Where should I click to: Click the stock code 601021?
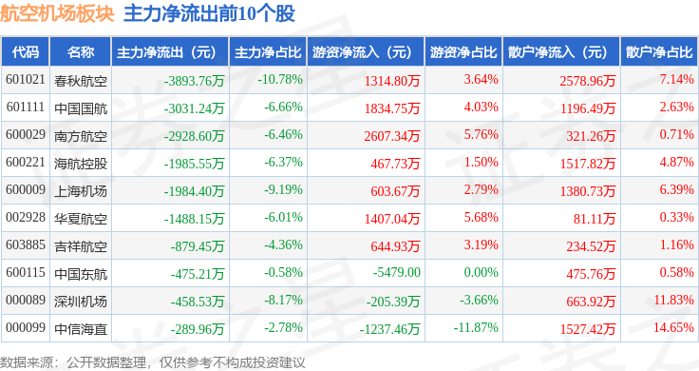pos(26,80)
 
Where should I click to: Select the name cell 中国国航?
pos(81,108)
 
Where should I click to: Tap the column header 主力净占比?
pos(268,52)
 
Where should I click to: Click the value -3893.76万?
pos(194,81)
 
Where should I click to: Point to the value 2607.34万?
pos(392,136)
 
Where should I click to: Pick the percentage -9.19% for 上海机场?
pos(283,189)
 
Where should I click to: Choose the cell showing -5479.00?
pos(397,272)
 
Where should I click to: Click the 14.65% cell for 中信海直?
pos(673,327)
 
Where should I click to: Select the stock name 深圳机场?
pos(81,302)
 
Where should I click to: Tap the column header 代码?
pos(26,52)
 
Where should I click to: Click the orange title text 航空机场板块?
pos(57,13)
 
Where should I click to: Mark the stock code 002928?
pos(26,218)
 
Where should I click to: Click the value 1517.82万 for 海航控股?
pos(588,164)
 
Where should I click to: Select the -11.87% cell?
pos(476,327)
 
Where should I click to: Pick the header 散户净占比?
pos(659,52)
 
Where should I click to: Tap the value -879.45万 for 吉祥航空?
pos(197,246)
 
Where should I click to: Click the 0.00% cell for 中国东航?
pos(481,272)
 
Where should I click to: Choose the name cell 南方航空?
pos(81,136)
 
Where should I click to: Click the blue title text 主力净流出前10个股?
pos(209,13)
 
